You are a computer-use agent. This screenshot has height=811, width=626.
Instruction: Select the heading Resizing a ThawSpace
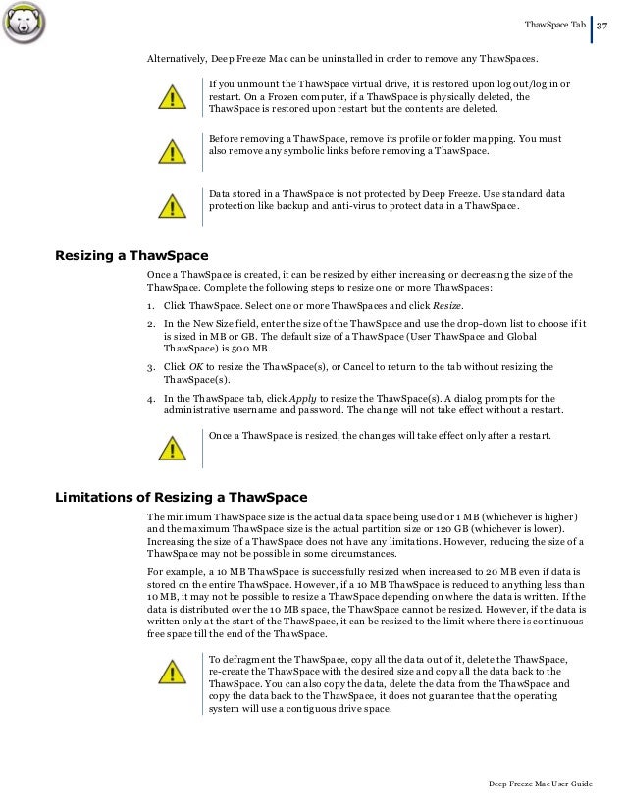[130, 256]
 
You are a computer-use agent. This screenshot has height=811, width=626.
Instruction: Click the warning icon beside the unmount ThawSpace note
[174, 100]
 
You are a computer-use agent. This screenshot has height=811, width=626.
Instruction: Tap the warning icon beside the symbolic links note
[174, 152]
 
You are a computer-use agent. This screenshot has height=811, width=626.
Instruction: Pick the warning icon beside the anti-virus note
[174, 204]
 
